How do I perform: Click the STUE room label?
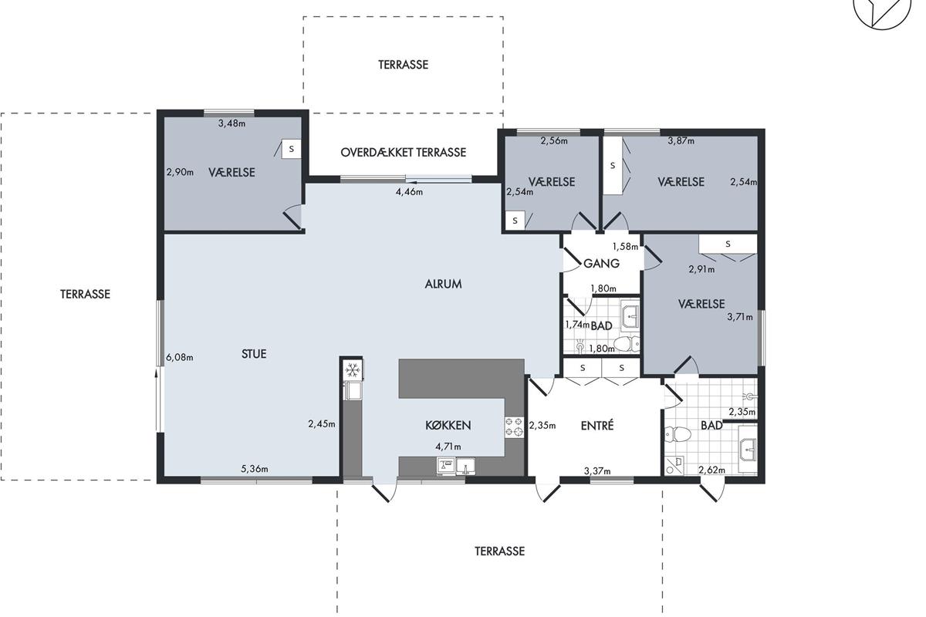click(254, 354)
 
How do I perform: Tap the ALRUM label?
click(443, 284)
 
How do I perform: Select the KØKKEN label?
click(448, 425)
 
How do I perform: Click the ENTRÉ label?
click(597, 426)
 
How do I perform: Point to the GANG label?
click(601, 263)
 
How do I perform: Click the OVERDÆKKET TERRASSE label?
click(404, 153)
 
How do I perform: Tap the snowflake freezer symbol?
click(352, 370)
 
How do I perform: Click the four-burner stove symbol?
click(514, 427)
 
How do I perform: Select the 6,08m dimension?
click(179, 357)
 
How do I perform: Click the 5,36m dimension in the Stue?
click(255, 469)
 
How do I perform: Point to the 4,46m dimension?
click(409, 192)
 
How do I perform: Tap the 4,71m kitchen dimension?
click(448, 447)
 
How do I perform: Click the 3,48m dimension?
click(232, 123)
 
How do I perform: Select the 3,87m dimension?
click(681, 141)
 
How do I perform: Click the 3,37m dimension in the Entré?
click(597, 470)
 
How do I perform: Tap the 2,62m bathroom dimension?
click(711, 470)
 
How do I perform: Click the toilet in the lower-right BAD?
click(678, 434)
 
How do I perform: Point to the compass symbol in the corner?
click(882, 12)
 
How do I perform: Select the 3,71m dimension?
click(740, 317)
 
